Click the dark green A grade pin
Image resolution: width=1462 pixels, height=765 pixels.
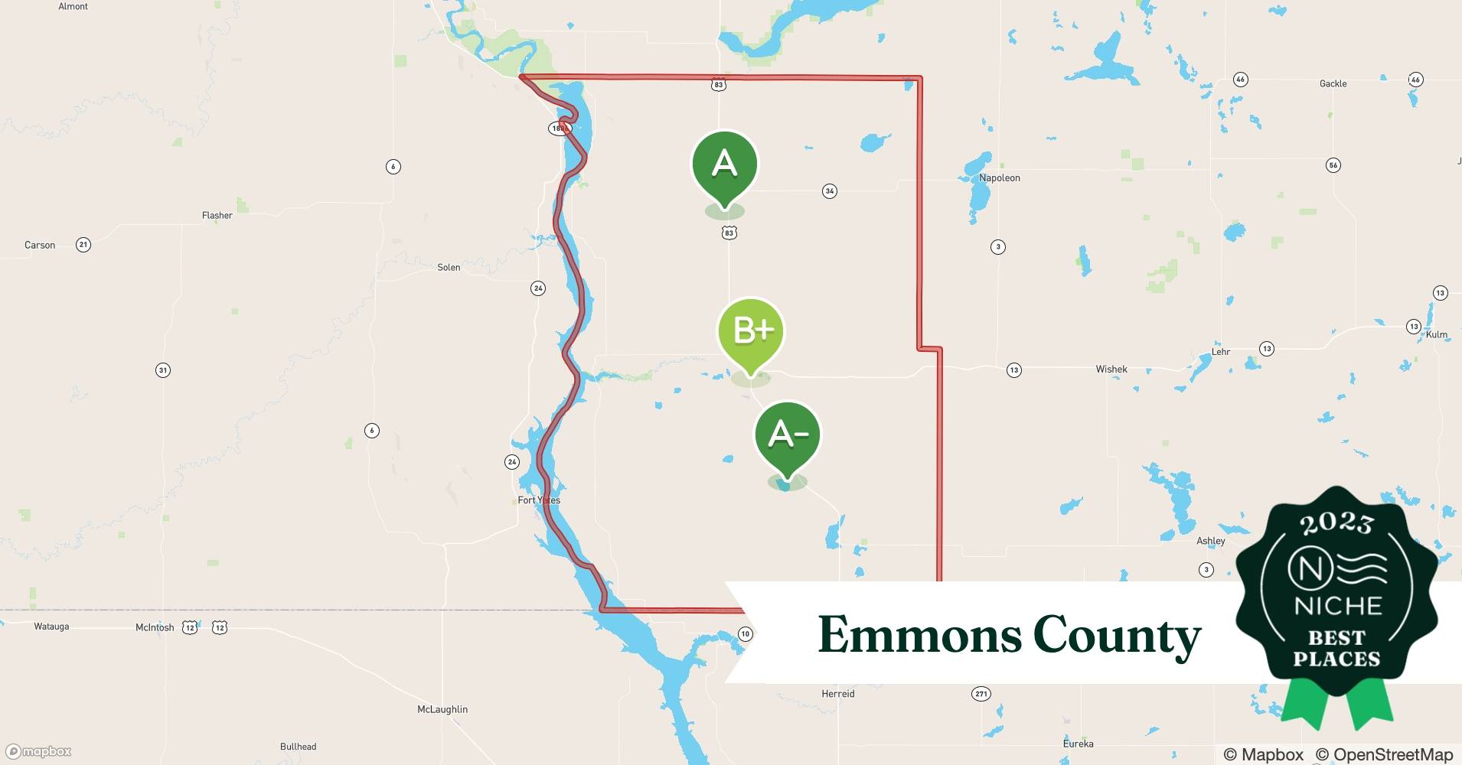click(x=724, y=165)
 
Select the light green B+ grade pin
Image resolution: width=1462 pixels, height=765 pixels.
click(x=750, y=331)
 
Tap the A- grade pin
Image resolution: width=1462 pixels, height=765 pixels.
click(x=787, y=435)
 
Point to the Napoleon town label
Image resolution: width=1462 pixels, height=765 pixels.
click(x=999, y=178)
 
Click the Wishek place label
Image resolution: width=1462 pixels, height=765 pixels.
click(x=1111, y=369)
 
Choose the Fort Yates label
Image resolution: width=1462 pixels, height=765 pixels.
click(x=539, y=500)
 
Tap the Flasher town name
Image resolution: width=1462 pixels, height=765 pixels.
click(x=217, y=216)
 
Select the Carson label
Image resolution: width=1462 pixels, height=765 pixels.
click(x=40, y=246)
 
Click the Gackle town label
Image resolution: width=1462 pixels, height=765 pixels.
click(x=1333, y=83)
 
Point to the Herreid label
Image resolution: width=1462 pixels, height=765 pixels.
click(x=837, y=694)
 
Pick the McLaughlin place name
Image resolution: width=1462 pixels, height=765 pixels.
click(x=442, y=709)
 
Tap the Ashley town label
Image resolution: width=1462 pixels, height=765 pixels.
click(x=1210, y=541)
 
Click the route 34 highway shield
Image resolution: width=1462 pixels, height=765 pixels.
click(x=829, y=191)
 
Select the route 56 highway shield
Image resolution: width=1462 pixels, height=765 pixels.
click(x=1333, y=165)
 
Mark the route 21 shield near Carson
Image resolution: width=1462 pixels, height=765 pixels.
click(x=83, y=245)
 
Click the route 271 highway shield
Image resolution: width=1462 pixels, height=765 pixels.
click(x=981, y=694)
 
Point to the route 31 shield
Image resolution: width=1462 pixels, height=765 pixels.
click(x=162, y=370)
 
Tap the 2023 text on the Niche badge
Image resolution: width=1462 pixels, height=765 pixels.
click(x=1336, y=523)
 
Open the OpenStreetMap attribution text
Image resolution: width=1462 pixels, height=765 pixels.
click(x=1384, y=754)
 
